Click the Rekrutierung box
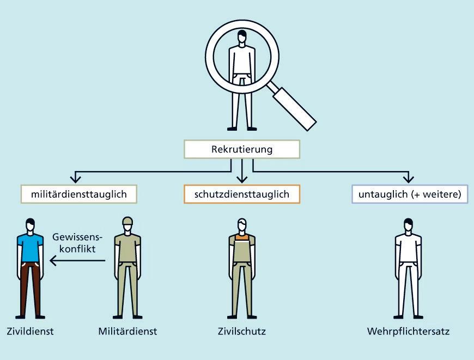pos(241,149)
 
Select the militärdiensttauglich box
pos(78,194)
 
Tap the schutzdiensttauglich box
pos(242,194)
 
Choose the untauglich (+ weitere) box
pos(410,194)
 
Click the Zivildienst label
pos(31,331)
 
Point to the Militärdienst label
pos(127,331)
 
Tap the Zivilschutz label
pos(241,331)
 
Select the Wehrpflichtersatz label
pos(408,331)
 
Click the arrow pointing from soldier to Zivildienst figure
pos(76,260)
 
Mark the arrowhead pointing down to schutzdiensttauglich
pos(242,179)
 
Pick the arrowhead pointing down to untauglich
pos(408,179)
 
